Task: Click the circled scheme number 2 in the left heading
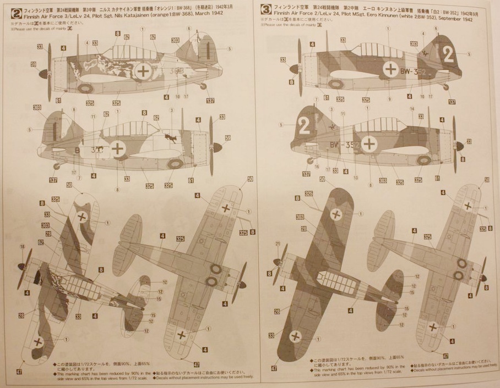(16, 9)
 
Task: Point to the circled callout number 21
(278, 245)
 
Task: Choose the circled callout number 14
(411, 109)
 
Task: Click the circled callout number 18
(22, 246)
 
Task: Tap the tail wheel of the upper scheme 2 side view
(204, 86)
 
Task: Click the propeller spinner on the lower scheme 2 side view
(217, 147)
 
